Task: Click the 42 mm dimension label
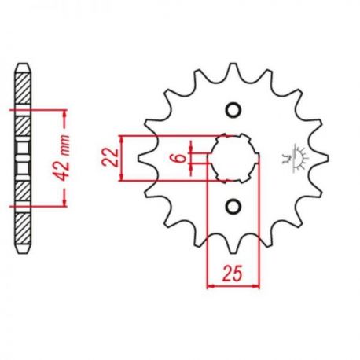point(64,158)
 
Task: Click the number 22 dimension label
point(110,158)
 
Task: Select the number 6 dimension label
point(181,158)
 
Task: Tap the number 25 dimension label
point(233,274)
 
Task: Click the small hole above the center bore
point(233,110)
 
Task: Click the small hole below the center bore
point(233,207)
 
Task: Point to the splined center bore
point(233,158)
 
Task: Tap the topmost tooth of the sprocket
point(233,68)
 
